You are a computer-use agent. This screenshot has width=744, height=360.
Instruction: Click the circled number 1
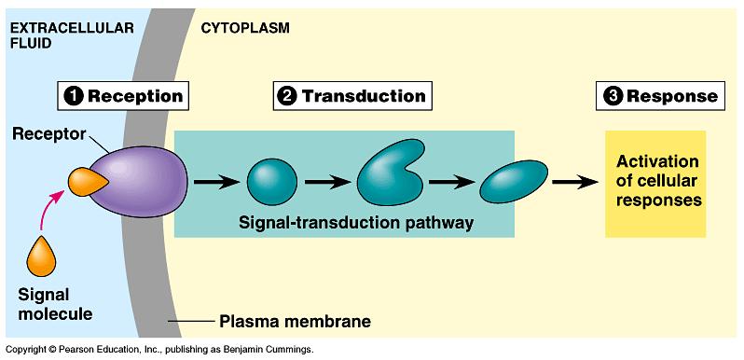(73, 96)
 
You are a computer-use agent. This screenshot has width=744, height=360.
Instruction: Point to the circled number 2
(287, 96)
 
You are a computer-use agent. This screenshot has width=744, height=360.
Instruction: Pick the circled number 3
(612, 96)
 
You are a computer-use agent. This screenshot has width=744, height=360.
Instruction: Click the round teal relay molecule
(271, 181)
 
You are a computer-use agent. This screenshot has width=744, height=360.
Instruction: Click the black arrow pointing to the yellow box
(573, 181)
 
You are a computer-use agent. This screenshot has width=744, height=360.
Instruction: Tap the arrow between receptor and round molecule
(214, 181)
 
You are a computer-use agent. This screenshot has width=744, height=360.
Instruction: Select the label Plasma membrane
(295, 323)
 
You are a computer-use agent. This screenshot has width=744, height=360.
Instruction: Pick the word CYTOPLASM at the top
(245, 27)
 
